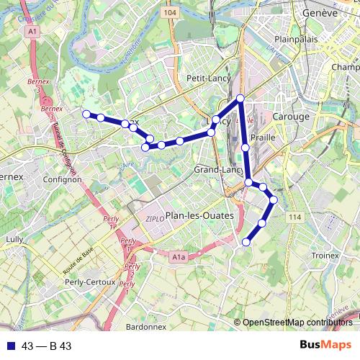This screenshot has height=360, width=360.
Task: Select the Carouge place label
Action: [291, 116]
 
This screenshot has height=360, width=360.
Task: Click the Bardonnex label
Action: [146, 326]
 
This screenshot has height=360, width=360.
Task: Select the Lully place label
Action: [14, 238]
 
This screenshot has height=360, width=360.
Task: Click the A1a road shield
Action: [179, 256]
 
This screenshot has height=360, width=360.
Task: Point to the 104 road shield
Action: [170, 12]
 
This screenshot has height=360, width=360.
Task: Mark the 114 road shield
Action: [294, 217]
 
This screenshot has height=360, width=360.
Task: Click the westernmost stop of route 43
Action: [86, 114]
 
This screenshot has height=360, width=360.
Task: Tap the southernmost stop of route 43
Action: [246, 242]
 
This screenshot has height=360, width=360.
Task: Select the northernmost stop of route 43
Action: [240, 98]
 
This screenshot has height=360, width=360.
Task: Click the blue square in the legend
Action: [10, 346]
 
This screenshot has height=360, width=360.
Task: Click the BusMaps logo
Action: [325, 346]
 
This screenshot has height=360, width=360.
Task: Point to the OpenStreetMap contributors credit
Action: [297, 322]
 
